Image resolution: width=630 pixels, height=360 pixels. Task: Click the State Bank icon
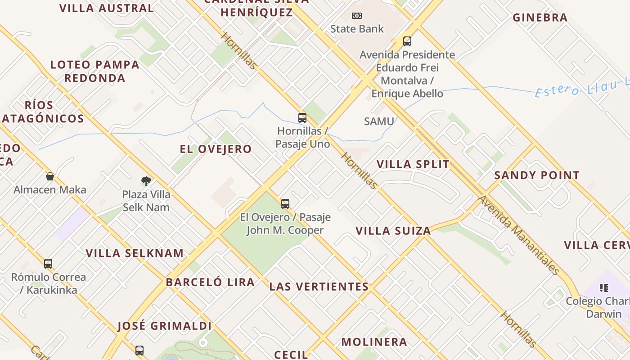(x=357, y=16)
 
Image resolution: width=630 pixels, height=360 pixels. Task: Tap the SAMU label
(x=379, y=121)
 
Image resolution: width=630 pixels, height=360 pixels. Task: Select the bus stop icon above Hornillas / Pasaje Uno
(x=302, y=118)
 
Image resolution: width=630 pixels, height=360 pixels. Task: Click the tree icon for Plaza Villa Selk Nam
(x=146, y=181)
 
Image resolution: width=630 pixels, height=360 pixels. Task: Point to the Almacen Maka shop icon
(x=50, y=176)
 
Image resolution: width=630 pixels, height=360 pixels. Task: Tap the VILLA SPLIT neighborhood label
(x=413, y=164)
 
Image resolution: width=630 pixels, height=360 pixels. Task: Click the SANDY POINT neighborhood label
(x=537, y=175)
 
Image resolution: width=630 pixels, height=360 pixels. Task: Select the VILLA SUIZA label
(x=393, y=231)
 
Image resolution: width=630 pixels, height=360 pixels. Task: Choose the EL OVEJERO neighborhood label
(x=216, y=149)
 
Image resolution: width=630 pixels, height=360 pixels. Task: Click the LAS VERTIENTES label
(x=319, y=287)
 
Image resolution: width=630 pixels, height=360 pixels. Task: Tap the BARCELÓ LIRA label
(x=210, y=283)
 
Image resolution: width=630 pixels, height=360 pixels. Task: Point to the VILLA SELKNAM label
(x=135, y=253)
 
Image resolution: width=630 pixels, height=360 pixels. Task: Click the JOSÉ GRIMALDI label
(x=164, y=326)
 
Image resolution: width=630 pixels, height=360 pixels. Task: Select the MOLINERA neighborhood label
(x=374, y=342)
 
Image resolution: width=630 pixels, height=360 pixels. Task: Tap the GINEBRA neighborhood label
(x=540, y=18)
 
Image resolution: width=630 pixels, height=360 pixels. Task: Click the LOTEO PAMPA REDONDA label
(x=94, y=71)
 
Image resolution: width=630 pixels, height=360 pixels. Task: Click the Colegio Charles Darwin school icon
(x=604, y=288)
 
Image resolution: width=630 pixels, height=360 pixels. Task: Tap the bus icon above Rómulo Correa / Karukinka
(x=48, y=264)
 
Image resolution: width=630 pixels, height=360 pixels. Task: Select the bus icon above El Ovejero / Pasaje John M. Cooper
(x=285, y=204)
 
